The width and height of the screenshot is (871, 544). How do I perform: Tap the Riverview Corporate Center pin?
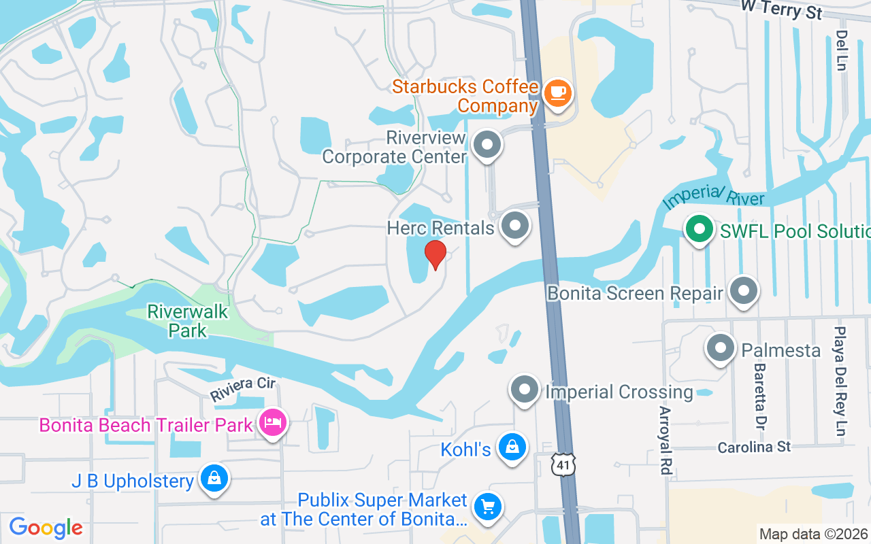click(x=487, y=145)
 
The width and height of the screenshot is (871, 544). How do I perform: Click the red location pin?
click(x=435, y=255)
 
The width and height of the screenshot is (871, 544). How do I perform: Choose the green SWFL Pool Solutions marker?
click(x=699, y=229)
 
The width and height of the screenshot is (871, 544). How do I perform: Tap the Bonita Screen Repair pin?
click(x=743, y=291)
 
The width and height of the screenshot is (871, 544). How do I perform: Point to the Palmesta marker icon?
click(x=720, y=348)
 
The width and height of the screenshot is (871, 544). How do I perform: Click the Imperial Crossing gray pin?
click(x=524, y=390)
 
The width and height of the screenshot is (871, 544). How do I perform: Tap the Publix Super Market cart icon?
click(x=487, y=507)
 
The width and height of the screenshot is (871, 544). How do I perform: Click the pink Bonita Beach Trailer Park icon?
click(x=273, y=423)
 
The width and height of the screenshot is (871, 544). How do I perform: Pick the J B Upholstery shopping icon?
click(x=214, y=479)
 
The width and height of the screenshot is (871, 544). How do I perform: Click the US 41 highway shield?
click(x=563, y=464)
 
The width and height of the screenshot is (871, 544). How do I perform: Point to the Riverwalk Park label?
click(x=188, y=321)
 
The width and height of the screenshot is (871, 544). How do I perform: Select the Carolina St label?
click(x=755, y=447)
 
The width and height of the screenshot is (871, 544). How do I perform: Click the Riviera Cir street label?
click(x=242, y=389)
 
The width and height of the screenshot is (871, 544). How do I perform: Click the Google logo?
click(x=46, y=527)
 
